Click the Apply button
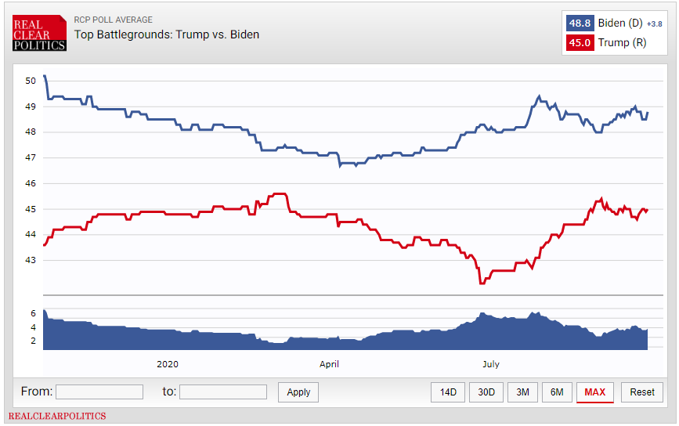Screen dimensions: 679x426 click(298, 392)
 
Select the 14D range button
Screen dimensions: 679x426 click(448, 392)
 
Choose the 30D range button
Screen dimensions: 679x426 click(486, 392)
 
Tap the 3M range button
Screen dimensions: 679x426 click(522, 392)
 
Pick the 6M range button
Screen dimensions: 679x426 click(557, 392)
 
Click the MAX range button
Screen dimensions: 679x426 click(595, 392)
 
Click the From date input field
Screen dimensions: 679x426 click(99, 392)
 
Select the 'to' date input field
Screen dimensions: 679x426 click(223, 392)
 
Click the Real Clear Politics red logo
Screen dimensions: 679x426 click(39, 33)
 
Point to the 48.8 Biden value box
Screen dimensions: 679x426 click(580, 23)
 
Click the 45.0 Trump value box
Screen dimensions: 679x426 click(580, 43)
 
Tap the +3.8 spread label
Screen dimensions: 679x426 click(654, 23)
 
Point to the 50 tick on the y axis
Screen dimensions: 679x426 click(31, 81)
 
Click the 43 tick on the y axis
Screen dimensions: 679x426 click(31, 260)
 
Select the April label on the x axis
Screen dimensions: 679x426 click(329, 364)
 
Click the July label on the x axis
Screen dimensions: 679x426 click(491, 364)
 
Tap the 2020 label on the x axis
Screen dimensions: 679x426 click(168, 364)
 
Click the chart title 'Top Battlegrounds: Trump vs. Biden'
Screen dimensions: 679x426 click(167, 34)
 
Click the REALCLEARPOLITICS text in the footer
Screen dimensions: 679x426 click(57, 416)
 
